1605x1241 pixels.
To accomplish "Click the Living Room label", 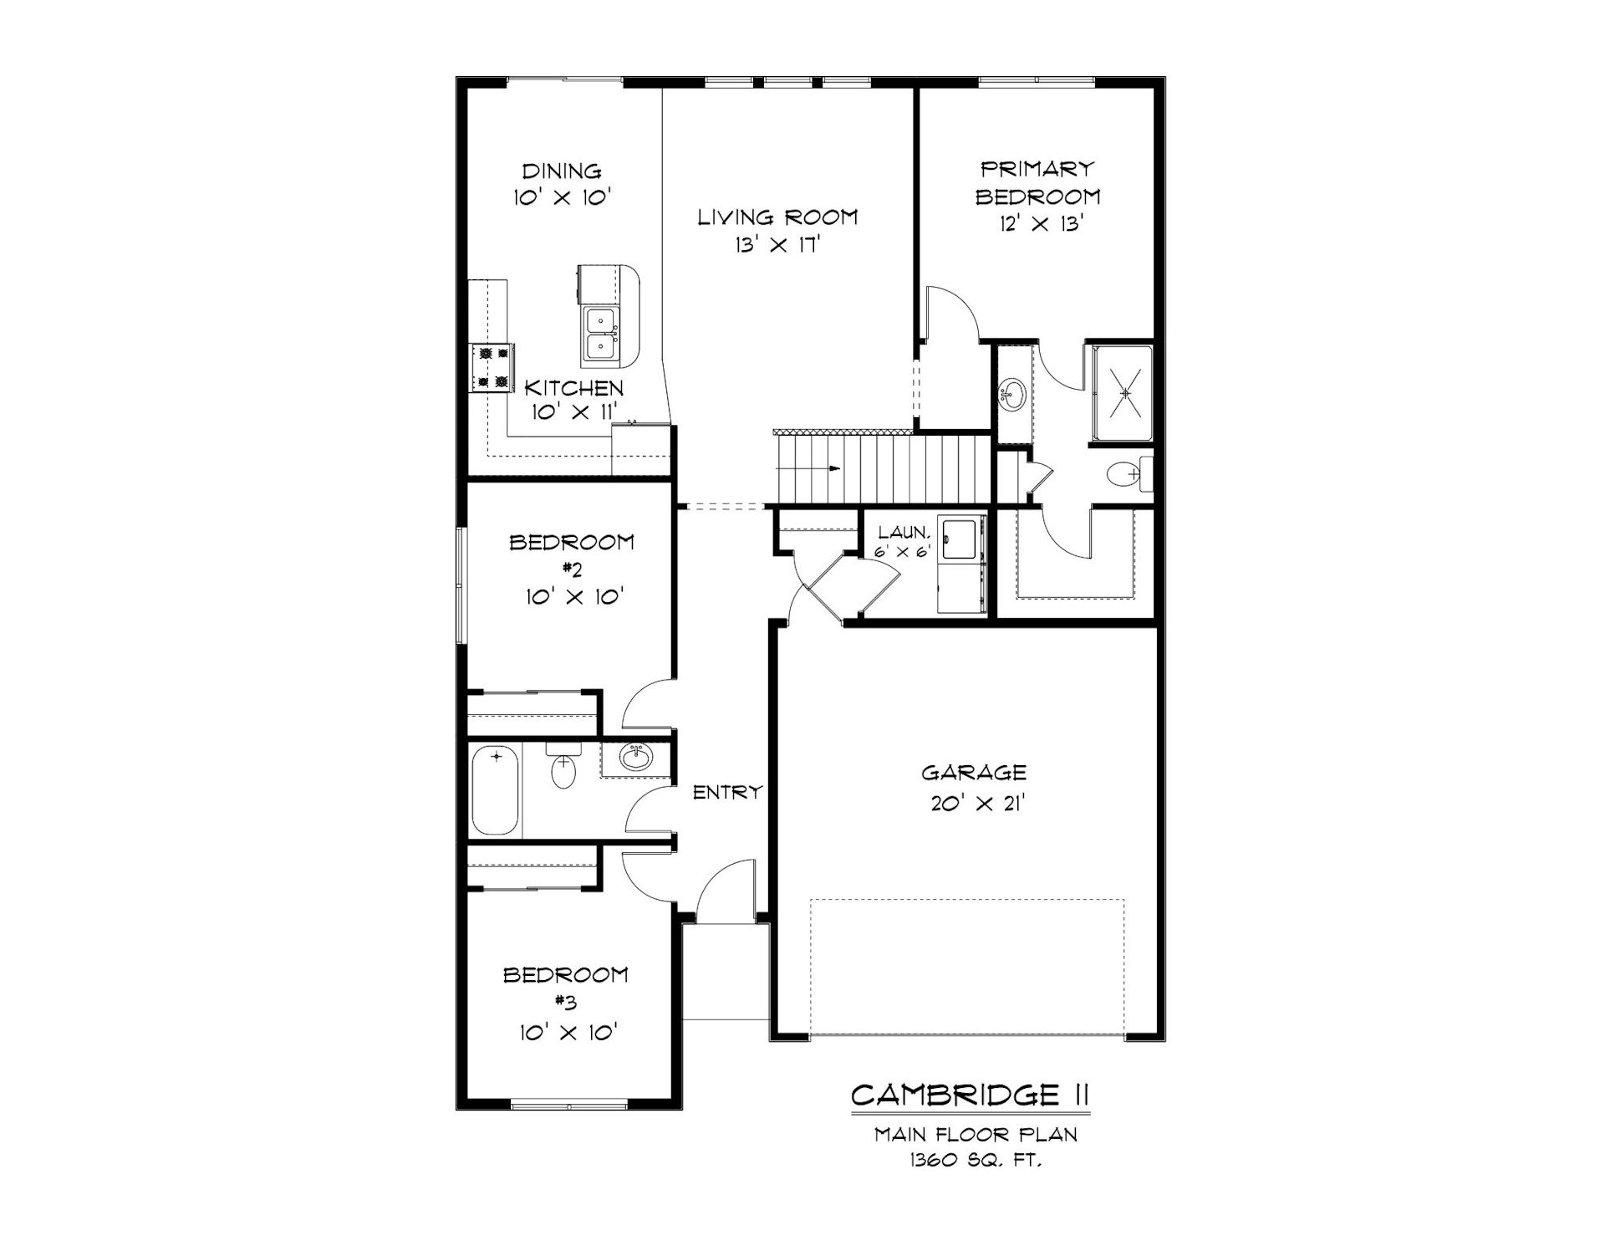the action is pyautogui.click(x=777, y=217).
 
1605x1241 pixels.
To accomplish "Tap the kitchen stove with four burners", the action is pyautogui.click(x=491, y=368).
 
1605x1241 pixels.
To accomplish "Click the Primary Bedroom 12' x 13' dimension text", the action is pyautogui.click(x=1041, y=224).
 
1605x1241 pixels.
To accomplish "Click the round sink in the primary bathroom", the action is pyautogui.click(x=1013, y=395).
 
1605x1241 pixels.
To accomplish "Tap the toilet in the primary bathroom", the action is pyautogui.click(x=1129, y=475).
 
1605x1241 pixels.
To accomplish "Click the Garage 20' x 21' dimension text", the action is pyautogui.click(x=977, y=804).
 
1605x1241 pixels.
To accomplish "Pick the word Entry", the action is pyautogui.click(x=728, y=791).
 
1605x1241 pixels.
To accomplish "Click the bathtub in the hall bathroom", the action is pyautogui.click(x=495, y=789).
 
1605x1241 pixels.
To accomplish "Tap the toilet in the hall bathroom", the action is pyautogui.click(x=564, y=765).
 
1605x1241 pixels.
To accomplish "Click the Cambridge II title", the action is pyautogui.click(x=970, y=1094).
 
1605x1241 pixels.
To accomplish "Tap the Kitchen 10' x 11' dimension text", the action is pyautogui.click(x=573, y=411).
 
